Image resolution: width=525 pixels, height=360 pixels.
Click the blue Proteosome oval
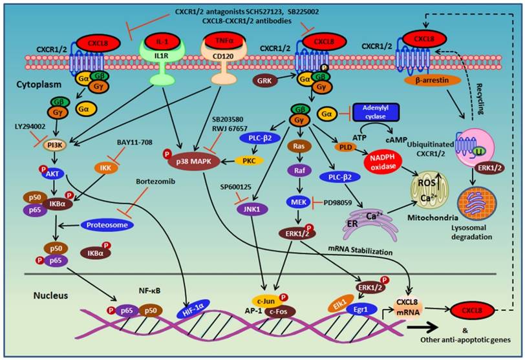pyautogui.click(x=108, y=226)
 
